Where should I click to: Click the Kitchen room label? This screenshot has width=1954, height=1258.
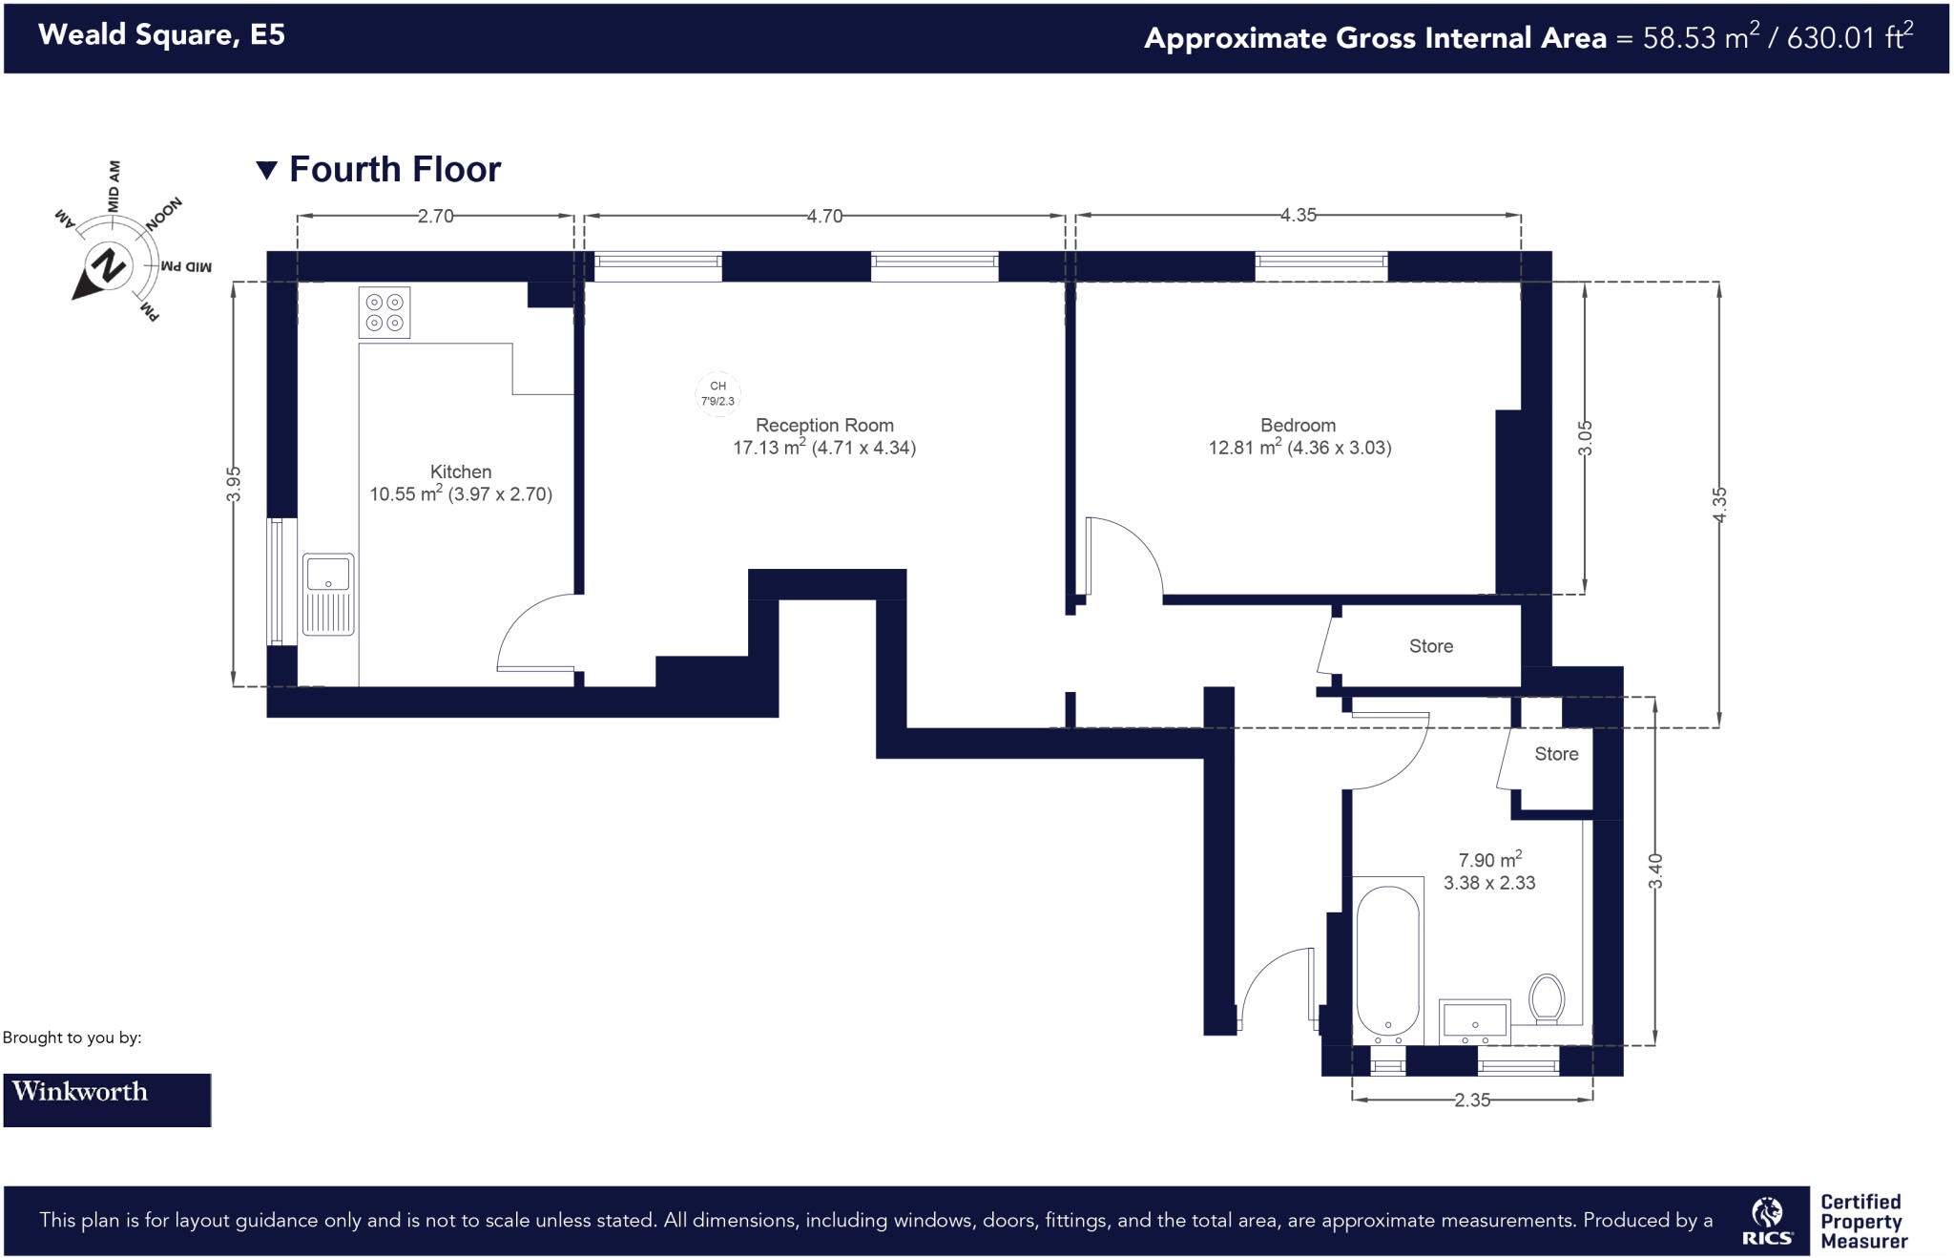tap(461, 472)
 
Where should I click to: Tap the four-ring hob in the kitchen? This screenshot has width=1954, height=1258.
tap(385, 312)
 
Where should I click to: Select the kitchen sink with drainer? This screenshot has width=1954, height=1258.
tap(328, 594)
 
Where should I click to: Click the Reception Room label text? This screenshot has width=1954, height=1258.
tap(824, 426)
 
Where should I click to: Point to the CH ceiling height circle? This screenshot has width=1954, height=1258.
tap(717, 393)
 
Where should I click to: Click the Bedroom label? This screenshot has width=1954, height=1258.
tap(1298, 426)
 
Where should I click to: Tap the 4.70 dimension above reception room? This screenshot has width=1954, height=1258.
tap(824, 217)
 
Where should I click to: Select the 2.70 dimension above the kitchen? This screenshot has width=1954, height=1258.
tap(435, 217)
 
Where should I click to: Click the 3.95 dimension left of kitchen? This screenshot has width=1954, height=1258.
tap(234, 483)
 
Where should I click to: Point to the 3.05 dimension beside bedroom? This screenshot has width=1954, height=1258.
tap(1585, 437)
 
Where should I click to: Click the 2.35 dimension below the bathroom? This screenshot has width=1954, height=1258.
tap(1472, 1101)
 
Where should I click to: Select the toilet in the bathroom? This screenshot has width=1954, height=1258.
tap(1547, 998)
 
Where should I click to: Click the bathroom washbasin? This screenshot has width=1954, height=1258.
tap(1474, 1020)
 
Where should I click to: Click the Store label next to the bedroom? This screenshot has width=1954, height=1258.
tap(1431, 646)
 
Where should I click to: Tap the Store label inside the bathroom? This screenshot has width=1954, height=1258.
tap(1556, 754)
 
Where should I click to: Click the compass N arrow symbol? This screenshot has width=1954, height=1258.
tap(107, 267)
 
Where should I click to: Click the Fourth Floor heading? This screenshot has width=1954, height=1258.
tap(394, 170)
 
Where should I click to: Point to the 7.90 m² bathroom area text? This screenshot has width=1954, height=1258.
tap(1489, 860)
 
